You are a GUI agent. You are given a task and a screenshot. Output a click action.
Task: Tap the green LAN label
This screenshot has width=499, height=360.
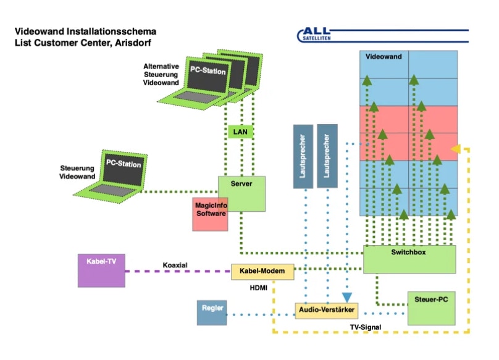[x=240, y=132]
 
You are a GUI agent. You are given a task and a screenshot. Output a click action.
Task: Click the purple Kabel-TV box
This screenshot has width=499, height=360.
[x=101, y=270]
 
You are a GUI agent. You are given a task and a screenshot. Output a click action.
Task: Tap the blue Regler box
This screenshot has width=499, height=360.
[x=212, y=312]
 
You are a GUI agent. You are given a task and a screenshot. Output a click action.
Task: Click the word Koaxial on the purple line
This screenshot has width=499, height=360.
[x=175, y=265]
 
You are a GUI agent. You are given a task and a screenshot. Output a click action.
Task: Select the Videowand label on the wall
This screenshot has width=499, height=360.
[x=384, y=57]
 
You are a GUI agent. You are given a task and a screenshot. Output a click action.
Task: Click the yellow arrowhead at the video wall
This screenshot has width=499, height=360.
[x=456, y=148]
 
